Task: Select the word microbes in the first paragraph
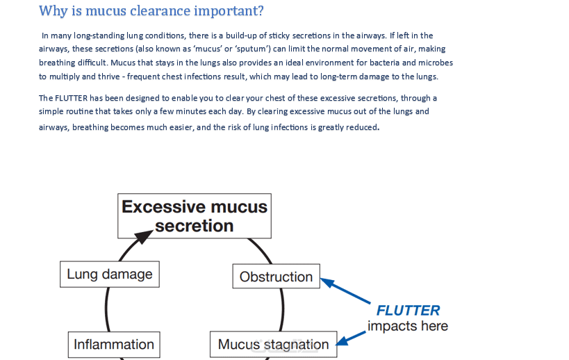pos(434,63)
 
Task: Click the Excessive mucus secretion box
pos(195,216)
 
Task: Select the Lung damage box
pos(110,275)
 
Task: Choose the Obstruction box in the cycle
pos(276,277)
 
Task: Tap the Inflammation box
pos(114,345)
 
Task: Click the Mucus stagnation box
pos(273,345)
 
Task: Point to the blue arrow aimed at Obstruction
pos(345,291)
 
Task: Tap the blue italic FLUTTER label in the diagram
pos(408,311)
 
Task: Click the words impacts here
pos(408,326)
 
